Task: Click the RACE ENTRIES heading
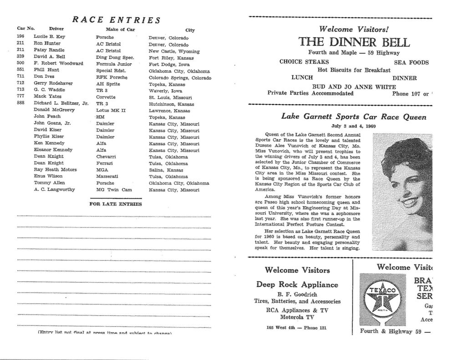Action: [116, 20]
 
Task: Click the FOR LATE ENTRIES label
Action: [116, 204]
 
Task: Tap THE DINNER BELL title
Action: [354, 42]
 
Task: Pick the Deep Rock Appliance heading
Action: [297, 285]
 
